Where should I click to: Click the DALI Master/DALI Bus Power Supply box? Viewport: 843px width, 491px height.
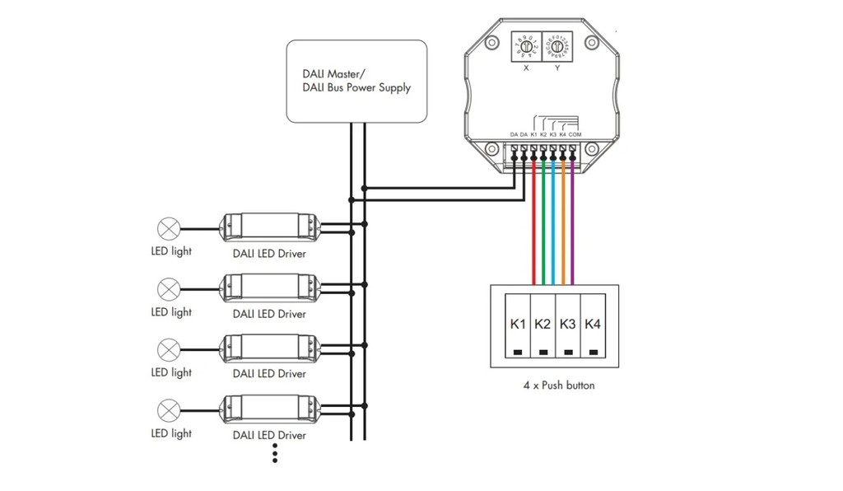click(356, 81)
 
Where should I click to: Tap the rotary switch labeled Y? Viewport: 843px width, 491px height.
click(557, 47)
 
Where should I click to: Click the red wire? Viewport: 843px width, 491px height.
click(534, 222)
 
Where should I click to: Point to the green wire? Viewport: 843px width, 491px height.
click(543, 222)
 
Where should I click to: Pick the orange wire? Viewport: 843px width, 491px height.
click(563, 222)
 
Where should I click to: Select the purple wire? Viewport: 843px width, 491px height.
click(573, 222)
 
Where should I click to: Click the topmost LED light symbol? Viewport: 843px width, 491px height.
click(170, 228)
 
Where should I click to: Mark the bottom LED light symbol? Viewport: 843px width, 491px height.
click(170, 409)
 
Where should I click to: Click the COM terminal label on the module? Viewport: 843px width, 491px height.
click(575, 134)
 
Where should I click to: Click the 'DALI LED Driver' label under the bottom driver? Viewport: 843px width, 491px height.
click(269, 435)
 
